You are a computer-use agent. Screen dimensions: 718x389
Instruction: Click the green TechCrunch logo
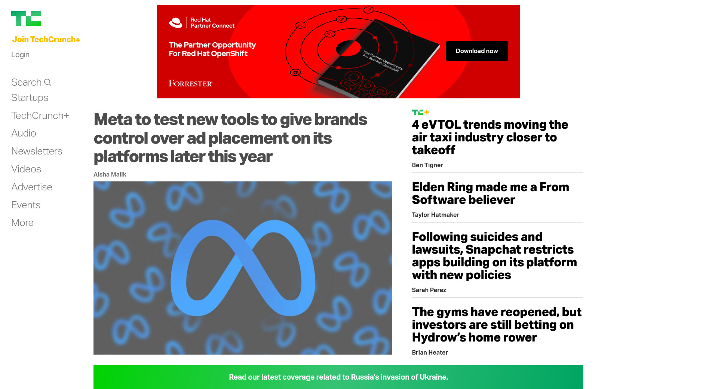26,19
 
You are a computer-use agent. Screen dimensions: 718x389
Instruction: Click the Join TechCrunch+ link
46,40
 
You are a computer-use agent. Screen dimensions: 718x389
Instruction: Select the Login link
20,55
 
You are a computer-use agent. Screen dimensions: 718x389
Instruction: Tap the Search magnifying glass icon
47,82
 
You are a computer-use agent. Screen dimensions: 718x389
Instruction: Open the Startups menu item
30,98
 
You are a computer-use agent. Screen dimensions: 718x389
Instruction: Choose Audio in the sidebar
24,133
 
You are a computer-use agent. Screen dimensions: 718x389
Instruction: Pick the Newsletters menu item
37,151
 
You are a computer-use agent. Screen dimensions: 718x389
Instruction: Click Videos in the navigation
26,169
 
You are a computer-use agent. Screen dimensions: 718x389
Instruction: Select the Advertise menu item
32,187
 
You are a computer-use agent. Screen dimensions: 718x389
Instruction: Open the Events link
26,205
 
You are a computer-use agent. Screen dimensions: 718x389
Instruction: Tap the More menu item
22,223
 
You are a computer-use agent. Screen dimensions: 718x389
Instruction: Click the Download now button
477,51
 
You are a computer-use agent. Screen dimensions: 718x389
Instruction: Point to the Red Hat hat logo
175,23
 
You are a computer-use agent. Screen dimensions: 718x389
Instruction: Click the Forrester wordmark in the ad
190,83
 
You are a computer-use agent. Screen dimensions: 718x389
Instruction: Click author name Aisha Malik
110,174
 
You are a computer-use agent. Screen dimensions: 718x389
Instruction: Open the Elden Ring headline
491,193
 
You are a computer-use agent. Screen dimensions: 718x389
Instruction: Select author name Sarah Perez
429,290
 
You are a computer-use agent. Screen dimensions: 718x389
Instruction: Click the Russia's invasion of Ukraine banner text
338,377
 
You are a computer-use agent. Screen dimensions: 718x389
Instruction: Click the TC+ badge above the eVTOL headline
420,112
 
